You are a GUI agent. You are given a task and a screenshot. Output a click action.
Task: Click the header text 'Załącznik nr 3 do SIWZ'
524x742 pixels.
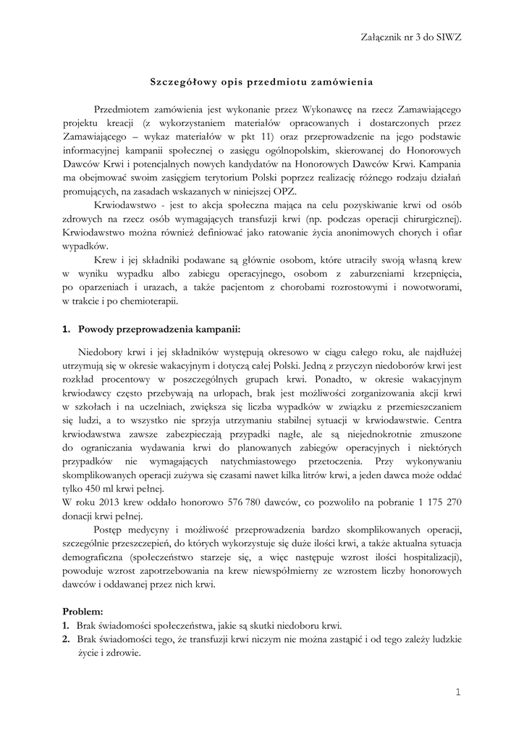pyautogui.click(x=410, y=37)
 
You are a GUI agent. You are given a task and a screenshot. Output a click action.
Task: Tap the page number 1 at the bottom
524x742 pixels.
pyautogui.click(x=457, y=693)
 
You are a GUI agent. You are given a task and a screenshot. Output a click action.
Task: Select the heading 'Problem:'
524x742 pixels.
pyautogui.click(x=83, y=612)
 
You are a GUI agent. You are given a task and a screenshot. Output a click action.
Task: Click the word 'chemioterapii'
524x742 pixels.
pyautogui.click(x=142, y=301)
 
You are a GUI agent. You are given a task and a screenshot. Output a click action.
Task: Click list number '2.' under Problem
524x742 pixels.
pyautogui.click(x=66, y=640)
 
